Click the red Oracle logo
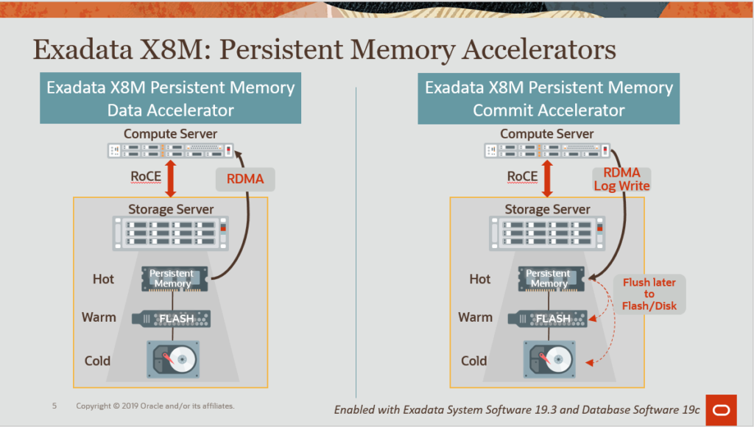click(x=721, y=409)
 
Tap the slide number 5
click(x=54, y=406)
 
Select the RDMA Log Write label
click(x=621, y=179)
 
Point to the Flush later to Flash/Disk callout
click(x=649, y=294)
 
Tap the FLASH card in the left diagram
click(x=171, y=318)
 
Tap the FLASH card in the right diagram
click(x=548, y=318)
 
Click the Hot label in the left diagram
click(x=103, y=279)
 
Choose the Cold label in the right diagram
click(x=473, y=361)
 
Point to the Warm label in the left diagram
click(x=99, y=317)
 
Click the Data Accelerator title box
click(x=170, y=99)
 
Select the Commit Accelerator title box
click(x=549, y=99)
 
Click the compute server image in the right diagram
click(x=548, y=150)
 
